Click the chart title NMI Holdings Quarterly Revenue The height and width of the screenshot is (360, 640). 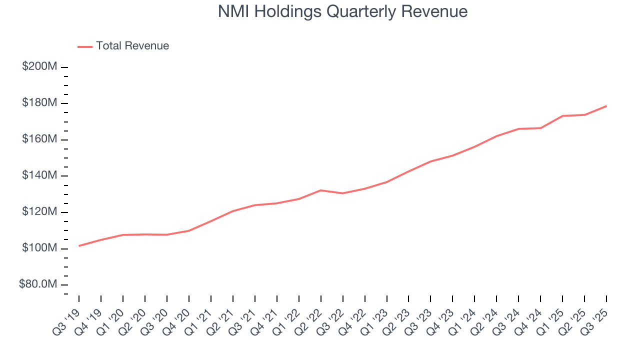coord(342,12)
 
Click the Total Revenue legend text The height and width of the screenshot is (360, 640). coord(132,46)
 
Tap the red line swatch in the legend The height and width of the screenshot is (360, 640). coord(85,46)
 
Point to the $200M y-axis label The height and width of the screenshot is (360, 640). coord(39,66)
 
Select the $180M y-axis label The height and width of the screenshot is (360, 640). coord(39,103)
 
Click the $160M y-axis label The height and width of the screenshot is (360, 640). coord(39,139)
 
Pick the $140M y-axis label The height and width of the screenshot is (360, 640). coord(39,175)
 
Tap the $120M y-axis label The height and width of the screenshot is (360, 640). coord(39,212)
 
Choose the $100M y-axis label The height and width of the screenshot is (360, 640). coord(39,248)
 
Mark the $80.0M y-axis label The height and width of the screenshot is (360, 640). coord(38,284)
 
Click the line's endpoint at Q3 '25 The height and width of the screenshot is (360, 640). coord(606,106)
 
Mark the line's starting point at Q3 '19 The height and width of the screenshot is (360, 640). coord(79,246)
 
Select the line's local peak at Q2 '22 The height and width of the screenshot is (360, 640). coord(320,190)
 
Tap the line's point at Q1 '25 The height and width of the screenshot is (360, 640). coord(562,116)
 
